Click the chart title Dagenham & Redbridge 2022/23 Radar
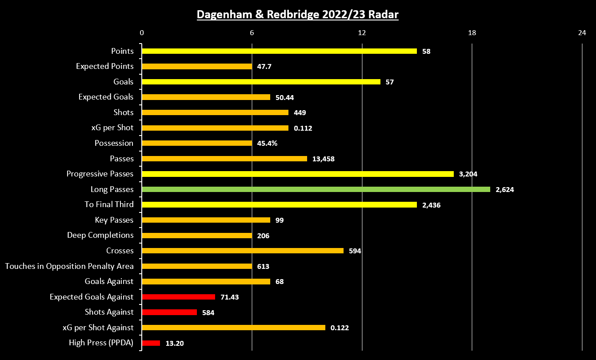[x=298, y=15]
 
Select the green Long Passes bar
[x=316, y=189]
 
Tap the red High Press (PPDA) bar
[x=151, y=343]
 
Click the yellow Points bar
[x=279, y=51]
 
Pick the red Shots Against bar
[x=169, y=312]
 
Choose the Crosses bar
[x=243, y=251]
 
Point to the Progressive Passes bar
[x=297, y=174]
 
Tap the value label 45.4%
[x=267, y=143]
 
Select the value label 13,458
[x=323, y=159]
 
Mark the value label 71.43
[x=229, y=297]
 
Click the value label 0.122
[x=340, y=328]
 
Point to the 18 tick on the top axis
[x=472, y=32]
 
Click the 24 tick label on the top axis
[x=582, y=32]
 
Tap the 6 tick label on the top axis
[x=252, y=32]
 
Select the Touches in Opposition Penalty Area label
[x=69, y=266]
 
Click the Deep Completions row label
[x=100, y=235]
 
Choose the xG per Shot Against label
[x=98, y=328]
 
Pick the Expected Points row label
[x=104, y=66]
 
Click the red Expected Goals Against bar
[x=178, y=297]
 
